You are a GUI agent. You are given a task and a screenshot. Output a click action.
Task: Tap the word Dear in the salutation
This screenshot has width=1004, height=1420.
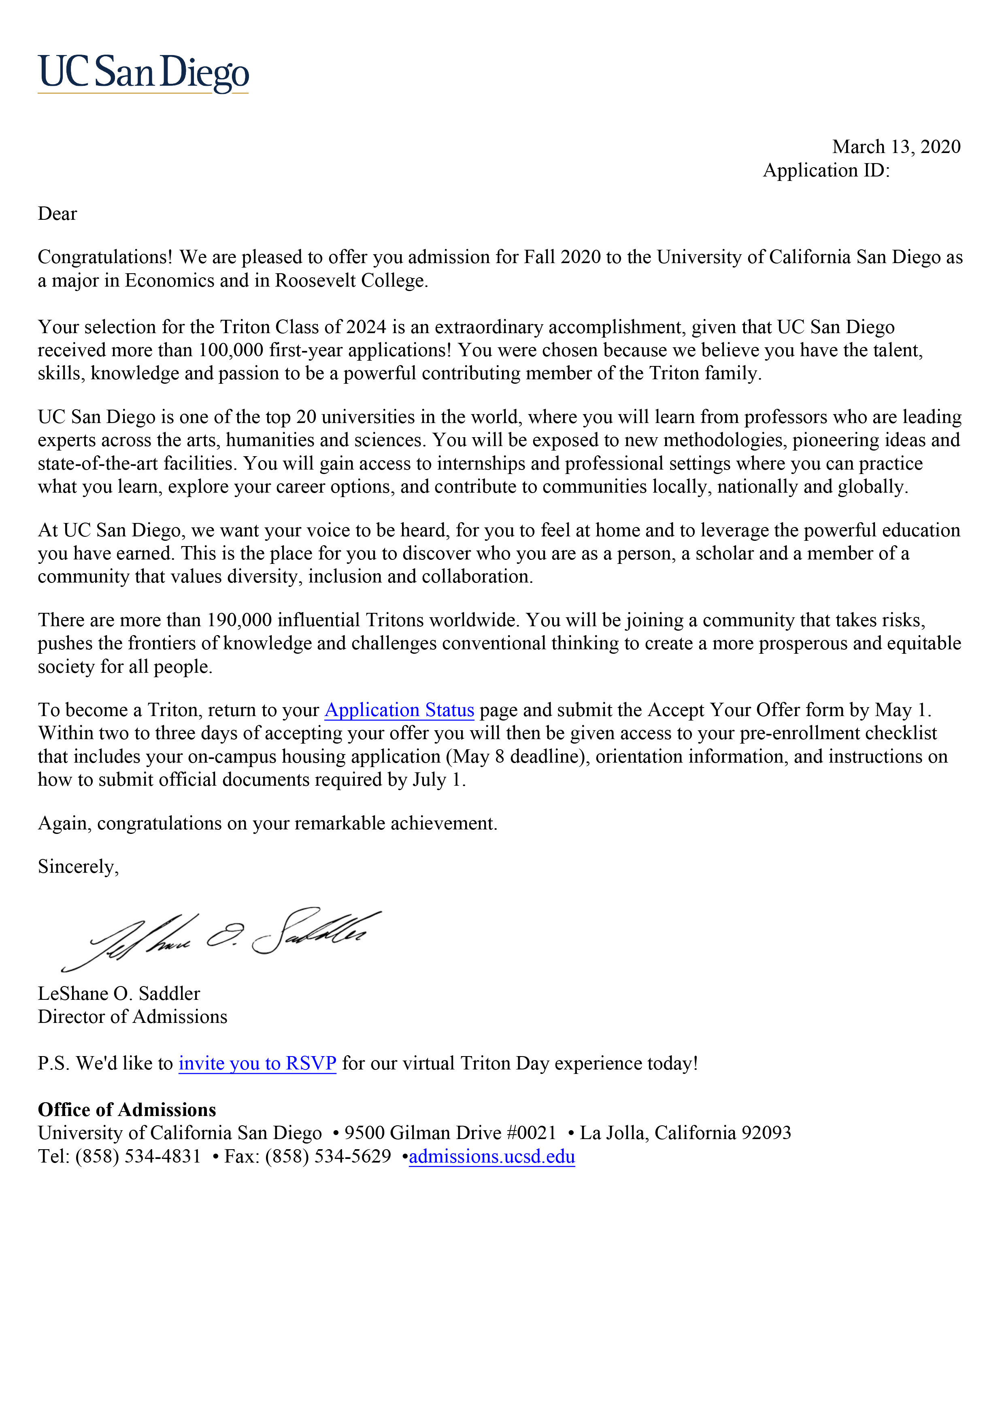pyautogui.click(x=57, y=214)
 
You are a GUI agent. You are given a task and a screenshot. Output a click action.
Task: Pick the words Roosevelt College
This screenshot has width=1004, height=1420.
pyautogui.click(x=351, y=281)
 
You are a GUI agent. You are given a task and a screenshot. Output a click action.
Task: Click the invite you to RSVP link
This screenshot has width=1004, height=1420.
pyautogui.click(x=257, y=1063)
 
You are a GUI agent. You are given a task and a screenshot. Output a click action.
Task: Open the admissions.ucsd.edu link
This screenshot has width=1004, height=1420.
pyautogui.click(x=492, y=1156)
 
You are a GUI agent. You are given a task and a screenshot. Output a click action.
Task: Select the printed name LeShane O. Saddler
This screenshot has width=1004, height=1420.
pyautogui.click(x=119, y=994)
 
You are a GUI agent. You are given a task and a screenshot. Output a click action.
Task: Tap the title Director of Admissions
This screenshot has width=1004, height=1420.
pyautogui.click(x=132, y=1017)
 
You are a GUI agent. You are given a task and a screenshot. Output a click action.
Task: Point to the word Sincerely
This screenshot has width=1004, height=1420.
pyautogui.click(x=78, y=867)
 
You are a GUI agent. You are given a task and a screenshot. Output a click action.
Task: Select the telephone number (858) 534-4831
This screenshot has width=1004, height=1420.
pyautogui.click(x=138, y=1156)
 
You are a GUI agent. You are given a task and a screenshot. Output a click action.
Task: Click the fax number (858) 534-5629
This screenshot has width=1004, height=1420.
pyautogui.click(x=328, y=1156)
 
